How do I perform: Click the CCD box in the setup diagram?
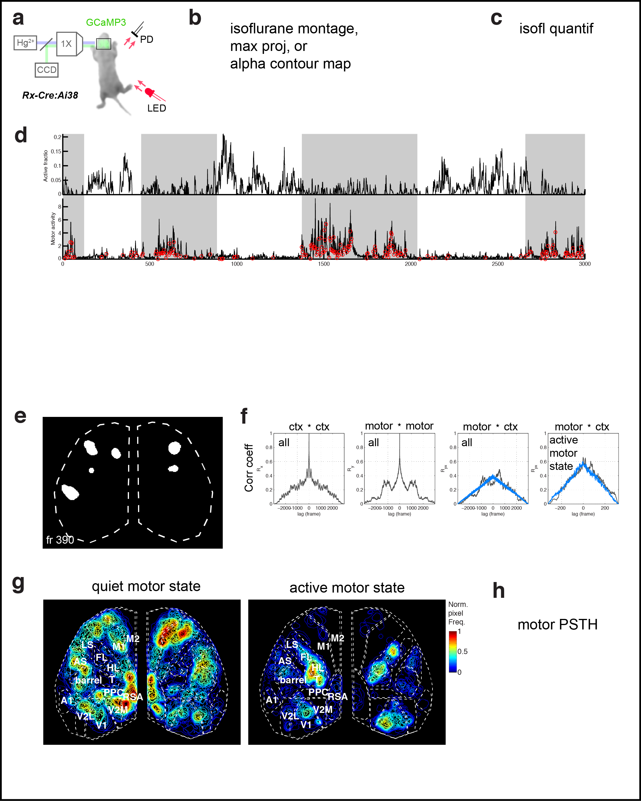point(46,70)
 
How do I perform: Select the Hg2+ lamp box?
point(25,43)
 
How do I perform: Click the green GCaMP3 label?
point(106,22)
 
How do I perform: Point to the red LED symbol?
point(150,92)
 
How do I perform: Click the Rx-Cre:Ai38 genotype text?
point(50,95)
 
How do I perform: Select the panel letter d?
point(21,135)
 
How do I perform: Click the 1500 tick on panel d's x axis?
point(324,264)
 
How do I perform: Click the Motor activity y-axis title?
point(53,228)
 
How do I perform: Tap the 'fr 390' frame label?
point(60,540)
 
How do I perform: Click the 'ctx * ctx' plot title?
point(309,427)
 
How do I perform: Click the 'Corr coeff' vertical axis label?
point(249,468)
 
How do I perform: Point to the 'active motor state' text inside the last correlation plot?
point(564,453)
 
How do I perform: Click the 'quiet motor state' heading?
point(146,586)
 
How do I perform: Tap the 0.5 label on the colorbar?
point(462,651)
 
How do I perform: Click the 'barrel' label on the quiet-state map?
point(88,680)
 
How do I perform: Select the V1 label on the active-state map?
point(306,725)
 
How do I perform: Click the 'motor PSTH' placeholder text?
point(557,624)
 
